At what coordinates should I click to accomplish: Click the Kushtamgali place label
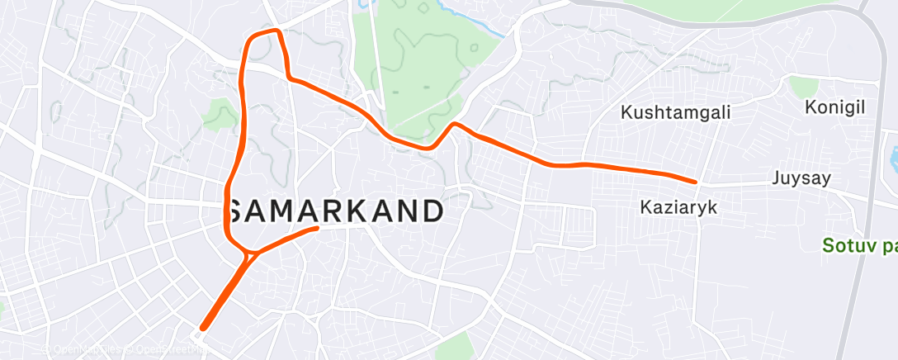pos(677,112)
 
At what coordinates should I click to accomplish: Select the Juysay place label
pos(801,178)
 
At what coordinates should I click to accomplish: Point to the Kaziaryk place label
pos(679,209)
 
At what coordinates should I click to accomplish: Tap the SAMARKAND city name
pos(336,211)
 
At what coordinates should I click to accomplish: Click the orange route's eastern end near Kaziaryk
pos(695,181)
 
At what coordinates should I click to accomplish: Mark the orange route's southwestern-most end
pos(202,329)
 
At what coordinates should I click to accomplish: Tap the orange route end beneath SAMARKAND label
pos(317,228)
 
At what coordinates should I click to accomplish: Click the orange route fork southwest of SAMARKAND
pos(247,257)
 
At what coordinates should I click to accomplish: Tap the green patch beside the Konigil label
pos(802,86)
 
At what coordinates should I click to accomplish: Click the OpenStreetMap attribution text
pos(165,350)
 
